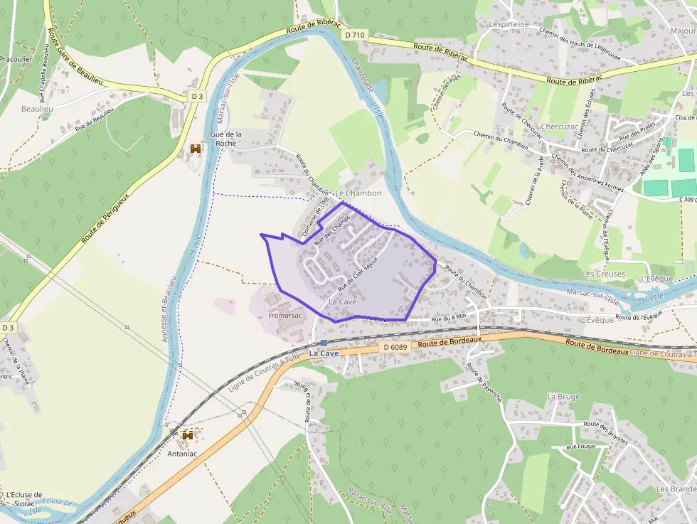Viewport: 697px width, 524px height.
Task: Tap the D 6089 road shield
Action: pyautogui.click(x=394, y=346)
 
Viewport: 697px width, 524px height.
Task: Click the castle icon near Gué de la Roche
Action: pyautogui.click(x=196, y=149)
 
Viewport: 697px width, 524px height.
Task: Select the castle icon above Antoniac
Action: pyautogui.click(x=188, y=434)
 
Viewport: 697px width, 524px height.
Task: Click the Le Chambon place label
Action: pyautogui.click(x=358, y=193)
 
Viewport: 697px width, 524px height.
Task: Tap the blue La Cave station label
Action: pyautogui.click(x=324, y=353)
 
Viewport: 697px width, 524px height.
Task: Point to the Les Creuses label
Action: pyautogui.click(x=603, y=274)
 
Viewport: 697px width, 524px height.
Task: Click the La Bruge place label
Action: pyautogui.click(x=563, y=396)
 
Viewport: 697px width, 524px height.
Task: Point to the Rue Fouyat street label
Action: pyautogui.click(x=580, y=447)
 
